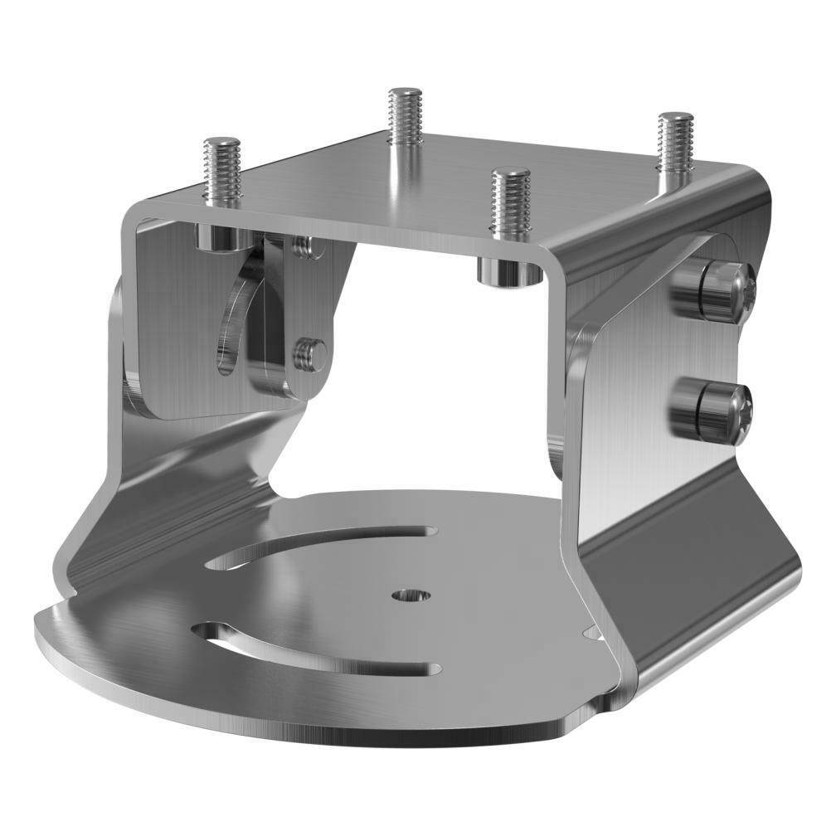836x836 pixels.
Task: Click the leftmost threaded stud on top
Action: pyautogui.click(x=221, y=170)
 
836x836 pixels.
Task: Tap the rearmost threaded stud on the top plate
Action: pyautogui.click(x=406, y=116)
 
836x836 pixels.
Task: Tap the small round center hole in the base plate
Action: pyautogui.click(x=411, y=595)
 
